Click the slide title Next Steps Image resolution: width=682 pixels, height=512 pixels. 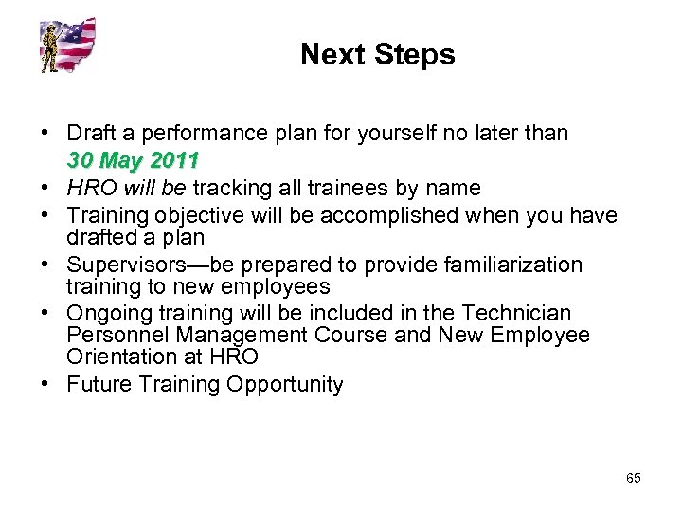pos(377,55)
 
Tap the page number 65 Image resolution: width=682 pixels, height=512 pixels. pos(633,478)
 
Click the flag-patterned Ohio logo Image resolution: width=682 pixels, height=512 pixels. pos(68,45)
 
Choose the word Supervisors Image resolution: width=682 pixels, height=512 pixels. pos(124,264)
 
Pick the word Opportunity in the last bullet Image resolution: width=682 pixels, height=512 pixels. pos(290,384)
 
